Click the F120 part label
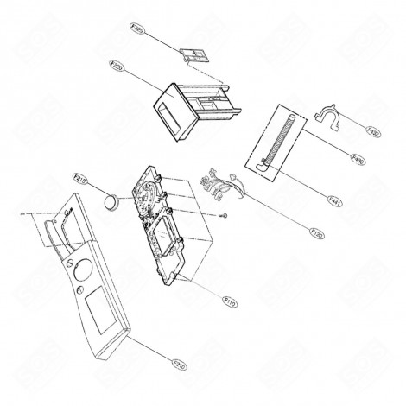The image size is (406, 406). tap(293, 232)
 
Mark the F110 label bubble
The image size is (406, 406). tap(228, 301)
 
